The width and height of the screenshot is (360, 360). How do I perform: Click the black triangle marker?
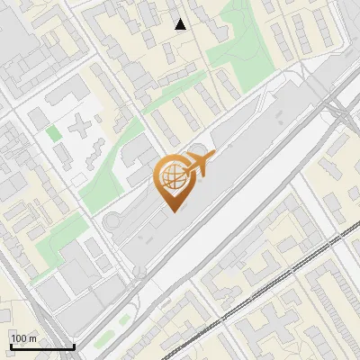[181, 24]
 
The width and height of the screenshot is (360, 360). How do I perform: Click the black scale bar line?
[41, 346]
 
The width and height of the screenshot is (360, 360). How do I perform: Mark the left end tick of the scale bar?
[10, 345]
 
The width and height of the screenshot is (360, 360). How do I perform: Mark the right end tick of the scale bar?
[73, 345]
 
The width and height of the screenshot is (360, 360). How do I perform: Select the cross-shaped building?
[83, 125]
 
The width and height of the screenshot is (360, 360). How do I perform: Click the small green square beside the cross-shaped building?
[54, 134]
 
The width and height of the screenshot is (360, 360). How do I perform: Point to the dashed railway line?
[270, 288]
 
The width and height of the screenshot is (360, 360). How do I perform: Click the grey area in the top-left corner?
[13, 27]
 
